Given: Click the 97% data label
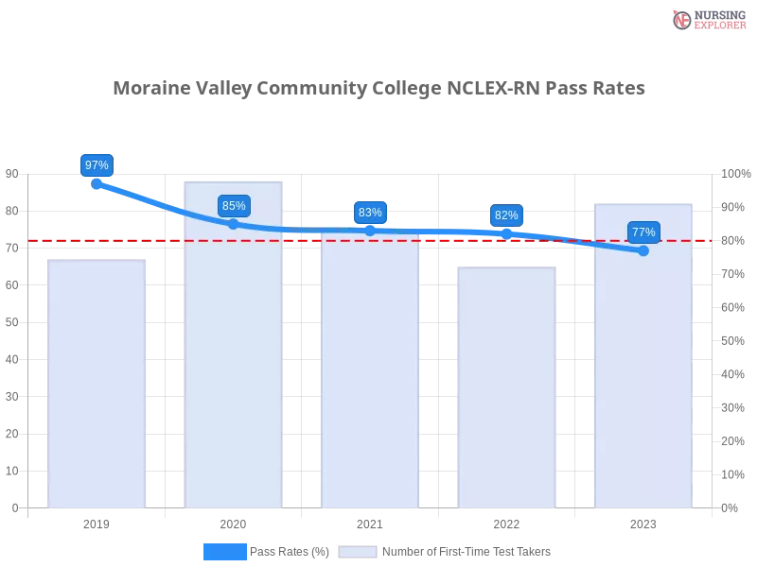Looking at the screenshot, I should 97,165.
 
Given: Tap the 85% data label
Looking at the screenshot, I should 234,206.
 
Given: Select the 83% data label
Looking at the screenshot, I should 370,213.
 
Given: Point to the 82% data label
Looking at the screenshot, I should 506,215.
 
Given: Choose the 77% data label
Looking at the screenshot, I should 643,232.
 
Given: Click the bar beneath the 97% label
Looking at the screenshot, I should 98,383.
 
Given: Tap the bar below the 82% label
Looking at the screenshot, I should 507,387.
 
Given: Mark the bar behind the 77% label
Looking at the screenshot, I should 643,369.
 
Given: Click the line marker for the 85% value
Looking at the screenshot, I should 234,224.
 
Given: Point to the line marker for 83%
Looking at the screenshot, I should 370,231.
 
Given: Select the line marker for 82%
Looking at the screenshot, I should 506,232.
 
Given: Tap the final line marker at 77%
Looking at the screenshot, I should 643,250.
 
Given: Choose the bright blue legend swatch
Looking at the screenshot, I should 225,552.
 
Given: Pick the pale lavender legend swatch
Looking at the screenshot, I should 358,552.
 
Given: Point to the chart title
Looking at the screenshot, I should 381,89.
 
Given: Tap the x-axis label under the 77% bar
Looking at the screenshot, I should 643,522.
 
